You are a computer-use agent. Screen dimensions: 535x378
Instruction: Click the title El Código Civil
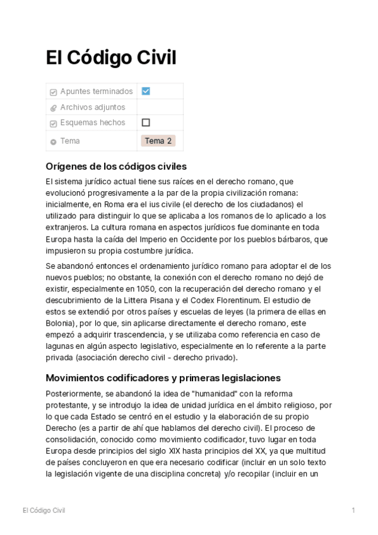[x=110, y=58]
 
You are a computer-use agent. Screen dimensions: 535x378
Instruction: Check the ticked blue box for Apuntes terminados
[x=146, y=91]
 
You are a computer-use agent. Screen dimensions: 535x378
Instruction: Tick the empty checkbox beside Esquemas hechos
[x=146, y=122]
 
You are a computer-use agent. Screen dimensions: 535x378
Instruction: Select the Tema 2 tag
[x=158, y=141]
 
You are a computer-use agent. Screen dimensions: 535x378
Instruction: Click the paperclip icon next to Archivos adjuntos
[x=54, y=108]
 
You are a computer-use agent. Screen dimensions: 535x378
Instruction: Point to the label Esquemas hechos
[x=92, y=122]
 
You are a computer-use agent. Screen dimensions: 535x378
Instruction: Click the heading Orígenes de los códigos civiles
[x=116, y=167]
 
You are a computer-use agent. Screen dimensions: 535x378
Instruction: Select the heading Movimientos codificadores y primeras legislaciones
[x=163, y=378]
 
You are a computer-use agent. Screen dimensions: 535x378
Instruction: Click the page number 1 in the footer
[x=353, y=510]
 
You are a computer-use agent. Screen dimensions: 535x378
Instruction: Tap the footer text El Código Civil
[x=44, y=510]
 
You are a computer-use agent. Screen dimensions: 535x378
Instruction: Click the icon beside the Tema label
[x=54, y=141]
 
